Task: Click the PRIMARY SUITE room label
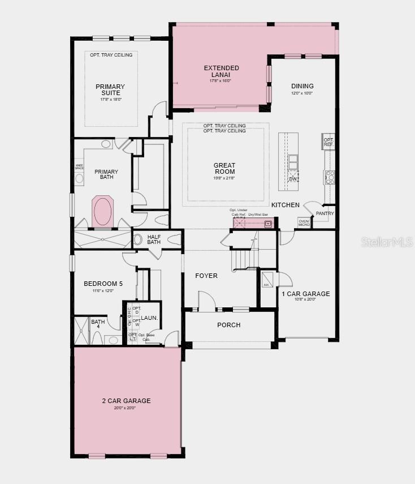coord(110,90)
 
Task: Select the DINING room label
coord(302,86)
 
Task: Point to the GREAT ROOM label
coord(224,169)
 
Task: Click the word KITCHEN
coord(285,205)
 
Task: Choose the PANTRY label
coord(325,213)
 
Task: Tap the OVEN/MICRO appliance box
coord(304,223)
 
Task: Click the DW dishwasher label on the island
coord(293,179)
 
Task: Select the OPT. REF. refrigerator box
coord(328,142)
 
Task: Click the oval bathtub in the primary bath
coord(103,211)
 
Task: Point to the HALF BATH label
coord(154,239)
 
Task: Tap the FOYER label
coord(206,276)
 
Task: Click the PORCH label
coord(229,325)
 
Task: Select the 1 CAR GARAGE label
coord(306,294)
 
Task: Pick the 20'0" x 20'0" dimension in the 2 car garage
coord(127,408)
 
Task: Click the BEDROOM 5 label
coord(103,284)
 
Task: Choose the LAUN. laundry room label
coord(149,318)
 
